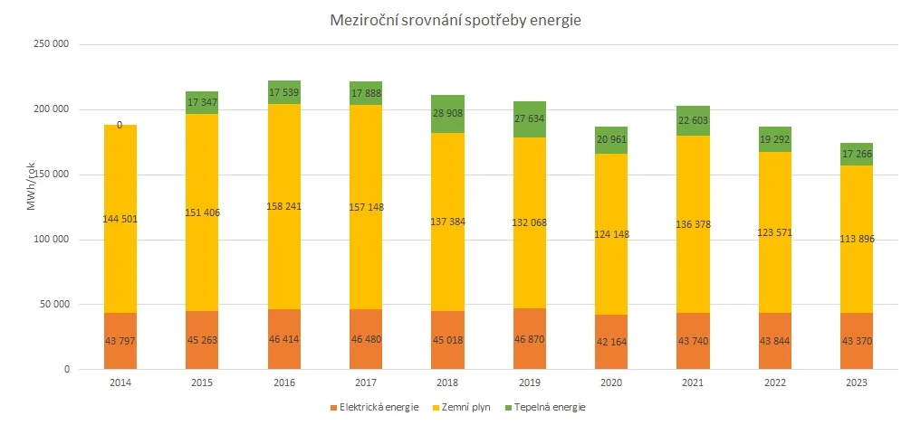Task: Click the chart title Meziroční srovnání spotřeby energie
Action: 455,21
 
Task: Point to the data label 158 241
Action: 284,206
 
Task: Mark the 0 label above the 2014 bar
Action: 120,126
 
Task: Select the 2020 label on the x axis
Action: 611,382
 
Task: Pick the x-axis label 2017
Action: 366,382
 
